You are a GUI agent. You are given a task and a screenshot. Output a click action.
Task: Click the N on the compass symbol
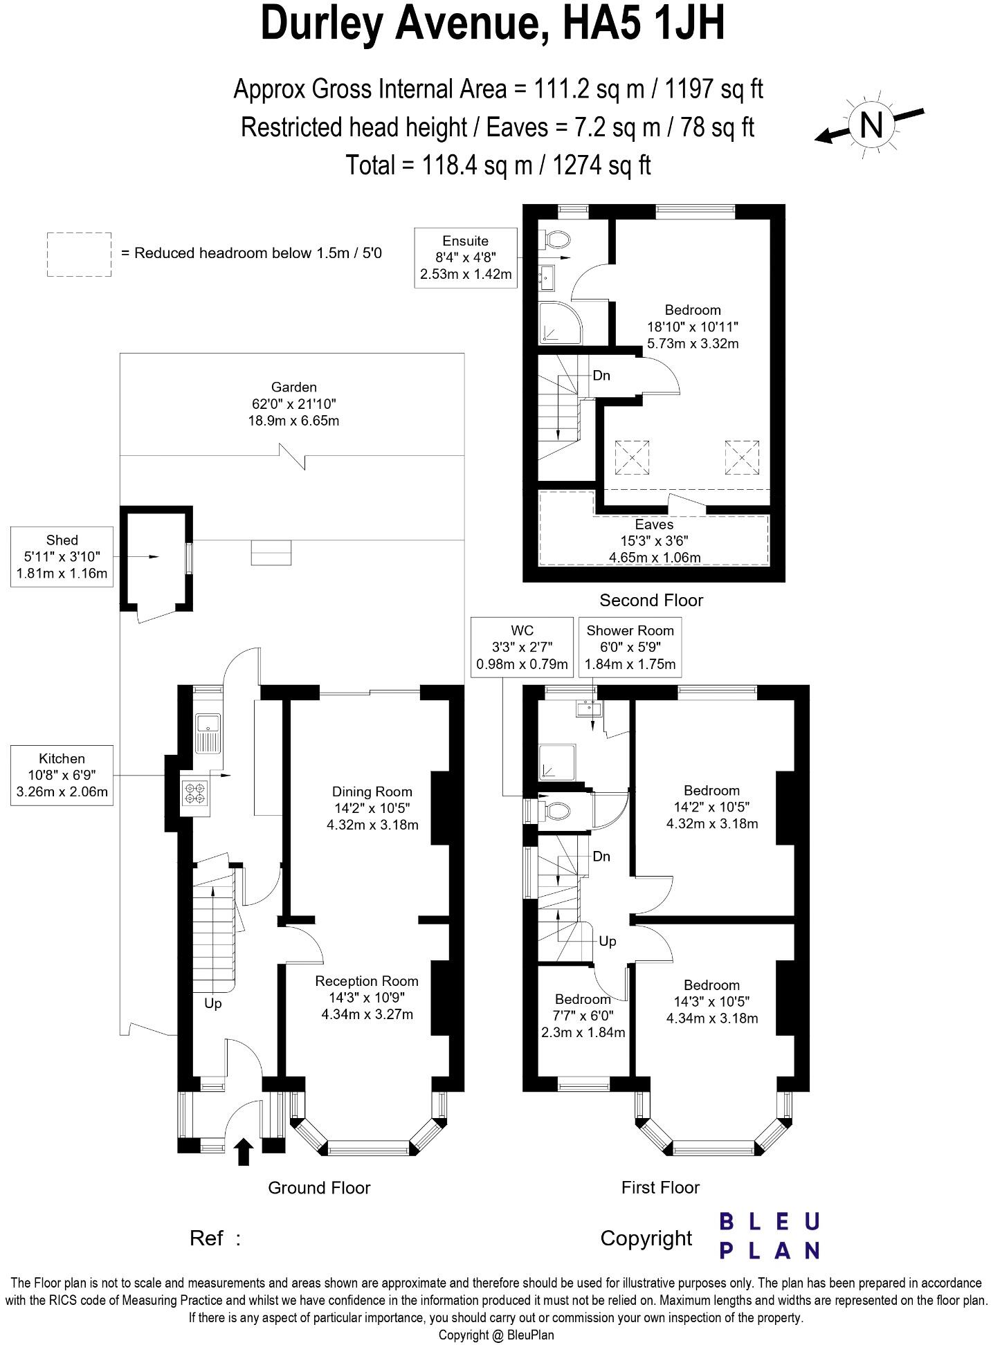pos(871,125)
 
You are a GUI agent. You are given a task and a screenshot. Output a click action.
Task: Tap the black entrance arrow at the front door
pos(243,1153)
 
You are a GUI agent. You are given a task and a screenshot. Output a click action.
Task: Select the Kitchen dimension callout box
pos(62,775)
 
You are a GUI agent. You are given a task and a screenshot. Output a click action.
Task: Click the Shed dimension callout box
pos(62,556)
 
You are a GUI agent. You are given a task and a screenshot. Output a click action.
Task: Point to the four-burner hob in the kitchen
pos(194,793)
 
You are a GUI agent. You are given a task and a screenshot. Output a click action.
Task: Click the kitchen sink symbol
pos(208,733)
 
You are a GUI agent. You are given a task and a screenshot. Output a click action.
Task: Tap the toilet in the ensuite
pos(556,240)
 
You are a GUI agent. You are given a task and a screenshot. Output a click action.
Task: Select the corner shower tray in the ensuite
pos(556,322)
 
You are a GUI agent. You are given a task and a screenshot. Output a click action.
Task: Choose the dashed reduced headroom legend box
pos(79,255)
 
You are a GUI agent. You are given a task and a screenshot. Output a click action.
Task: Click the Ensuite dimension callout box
pos(466,257)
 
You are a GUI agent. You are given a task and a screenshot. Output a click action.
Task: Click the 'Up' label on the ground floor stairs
pos(212,1003)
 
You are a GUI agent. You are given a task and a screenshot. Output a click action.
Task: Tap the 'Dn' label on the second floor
pos(601,376)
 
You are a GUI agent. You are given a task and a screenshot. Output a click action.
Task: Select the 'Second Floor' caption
pos(651,600)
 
